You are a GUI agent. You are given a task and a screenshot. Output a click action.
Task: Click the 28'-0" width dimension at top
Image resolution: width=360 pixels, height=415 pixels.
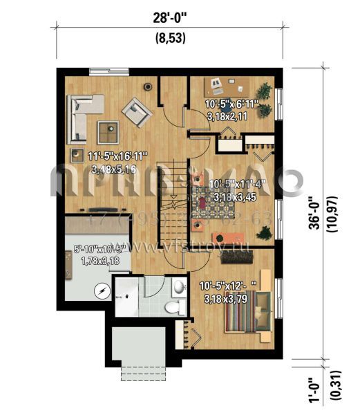(x=169, y=15)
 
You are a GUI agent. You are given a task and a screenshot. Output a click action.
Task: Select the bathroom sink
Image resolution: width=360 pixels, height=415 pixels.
(x=178, y=286)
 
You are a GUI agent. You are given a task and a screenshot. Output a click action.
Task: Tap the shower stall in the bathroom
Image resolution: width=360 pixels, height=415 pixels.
(x=128, y=297)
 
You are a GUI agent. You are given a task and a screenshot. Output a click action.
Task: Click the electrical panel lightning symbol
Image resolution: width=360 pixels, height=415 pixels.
(x=102, y=293)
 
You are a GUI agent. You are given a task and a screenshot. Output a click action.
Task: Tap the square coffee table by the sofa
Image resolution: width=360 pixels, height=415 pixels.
(x=107, y=129)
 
